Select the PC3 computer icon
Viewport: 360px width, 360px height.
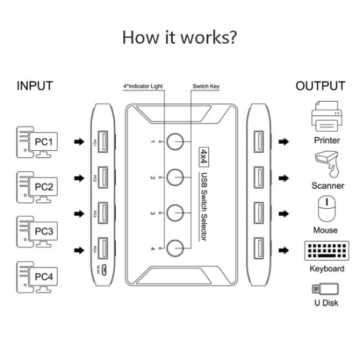[x=35, y=231]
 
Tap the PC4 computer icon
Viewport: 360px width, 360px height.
[x=35, y=276]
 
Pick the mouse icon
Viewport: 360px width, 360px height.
[x=327, y=208]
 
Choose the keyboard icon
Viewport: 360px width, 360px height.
[x=327, y=250]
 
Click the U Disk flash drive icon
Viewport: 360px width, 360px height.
[x=326, y=289]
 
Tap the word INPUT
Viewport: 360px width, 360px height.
[x=35, y=86]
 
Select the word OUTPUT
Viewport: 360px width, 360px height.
[x=320, y=86]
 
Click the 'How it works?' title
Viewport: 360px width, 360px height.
[x=179, y=37]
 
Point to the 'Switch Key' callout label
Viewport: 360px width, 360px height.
[x=206, y=86]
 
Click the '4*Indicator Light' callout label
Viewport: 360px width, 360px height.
[x=143, y=86]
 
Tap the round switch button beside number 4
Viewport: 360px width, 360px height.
[x=176, y=247]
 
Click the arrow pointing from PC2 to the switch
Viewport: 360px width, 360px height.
[x=78, y=178]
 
